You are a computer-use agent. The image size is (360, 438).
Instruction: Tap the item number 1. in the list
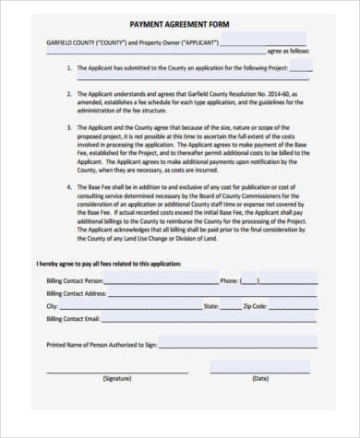click(70, 67)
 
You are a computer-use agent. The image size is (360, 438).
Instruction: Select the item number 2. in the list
click(70, 94)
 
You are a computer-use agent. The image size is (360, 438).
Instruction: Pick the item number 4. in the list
click(70, 186)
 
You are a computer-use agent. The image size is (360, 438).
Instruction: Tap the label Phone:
click(230, 279)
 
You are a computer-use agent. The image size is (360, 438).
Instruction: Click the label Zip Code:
click(255, 305)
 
